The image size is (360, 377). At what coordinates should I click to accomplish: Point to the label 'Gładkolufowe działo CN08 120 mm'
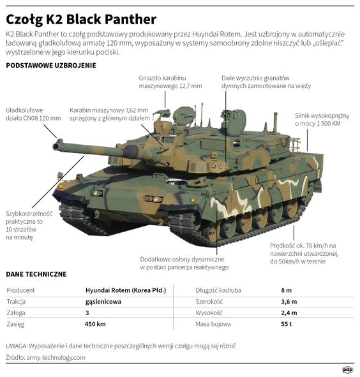[x=33, y=113]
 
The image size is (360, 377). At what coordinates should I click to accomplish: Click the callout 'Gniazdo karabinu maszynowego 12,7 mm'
[x=170, y=82]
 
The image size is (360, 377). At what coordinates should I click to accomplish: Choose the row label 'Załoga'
[x=16, y=313]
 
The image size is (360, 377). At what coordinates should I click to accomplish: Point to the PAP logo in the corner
[x=347, y=369]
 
